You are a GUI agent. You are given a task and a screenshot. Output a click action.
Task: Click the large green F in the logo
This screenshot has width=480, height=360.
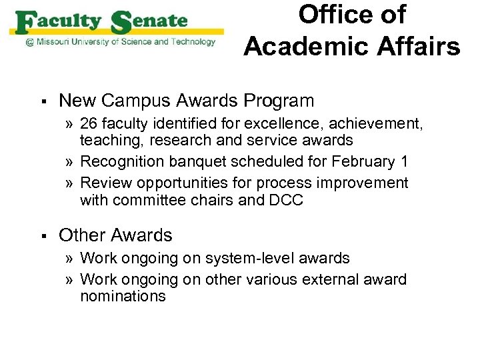point(25,24)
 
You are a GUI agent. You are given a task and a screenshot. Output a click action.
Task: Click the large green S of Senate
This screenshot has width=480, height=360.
point(121,24)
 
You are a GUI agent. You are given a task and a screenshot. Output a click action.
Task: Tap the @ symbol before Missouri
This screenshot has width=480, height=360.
point(29,42)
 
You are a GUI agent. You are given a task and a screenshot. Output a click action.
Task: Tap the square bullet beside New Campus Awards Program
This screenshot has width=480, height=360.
point(41,101)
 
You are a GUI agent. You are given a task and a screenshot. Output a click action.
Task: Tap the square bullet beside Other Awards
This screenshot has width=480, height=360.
point(41,236)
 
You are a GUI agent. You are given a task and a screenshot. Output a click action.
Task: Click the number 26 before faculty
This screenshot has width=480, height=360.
point(89,123)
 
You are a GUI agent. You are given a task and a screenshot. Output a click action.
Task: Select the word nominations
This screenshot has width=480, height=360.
point(123,297)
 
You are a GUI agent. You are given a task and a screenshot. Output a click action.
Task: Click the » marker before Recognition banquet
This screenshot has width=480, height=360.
point(70,162)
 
